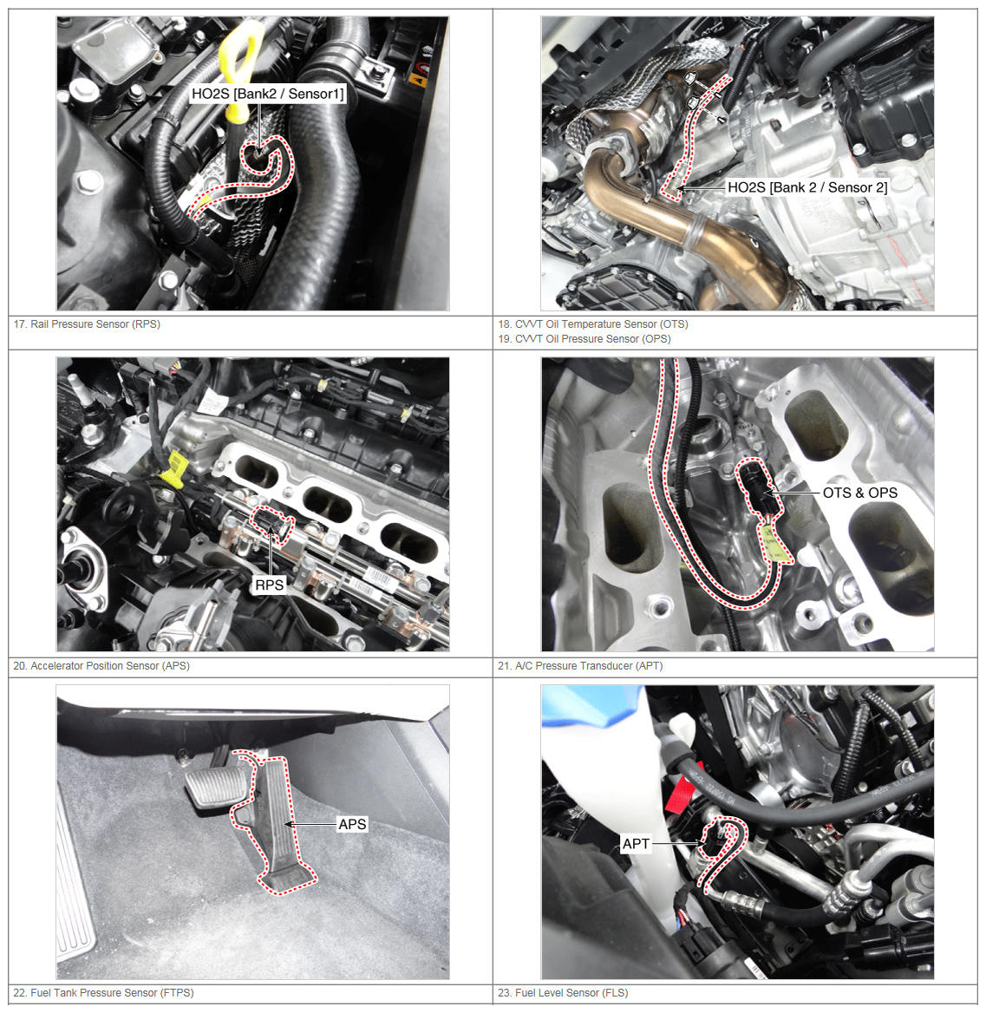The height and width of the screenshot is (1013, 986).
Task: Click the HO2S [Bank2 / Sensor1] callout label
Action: [267, 95]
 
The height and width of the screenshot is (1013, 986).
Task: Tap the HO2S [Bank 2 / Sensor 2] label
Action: [807, 187]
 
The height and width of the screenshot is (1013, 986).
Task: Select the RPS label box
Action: [269, 585]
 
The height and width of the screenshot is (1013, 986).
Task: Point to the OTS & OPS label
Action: [860, 493]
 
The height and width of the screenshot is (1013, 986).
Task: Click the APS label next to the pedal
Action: [352, 824]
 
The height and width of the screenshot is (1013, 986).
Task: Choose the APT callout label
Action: [636, 844]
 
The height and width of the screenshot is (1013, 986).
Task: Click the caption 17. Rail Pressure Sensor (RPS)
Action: [87, 324]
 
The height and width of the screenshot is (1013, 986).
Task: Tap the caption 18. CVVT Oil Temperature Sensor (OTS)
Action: [592, 324]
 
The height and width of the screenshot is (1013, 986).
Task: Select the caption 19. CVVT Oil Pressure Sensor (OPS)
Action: [584, 339]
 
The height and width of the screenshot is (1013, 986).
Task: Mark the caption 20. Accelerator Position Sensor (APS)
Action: [101, 666]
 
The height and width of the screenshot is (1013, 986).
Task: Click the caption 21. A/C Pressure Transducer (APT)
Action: [580, 666]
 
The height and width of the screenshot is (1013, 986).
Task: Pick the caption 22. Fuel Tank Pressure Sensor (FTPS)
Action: [103, 993]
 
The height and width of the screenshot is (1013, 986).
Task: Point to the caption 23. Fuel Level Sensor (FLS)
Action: [563, 993]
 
